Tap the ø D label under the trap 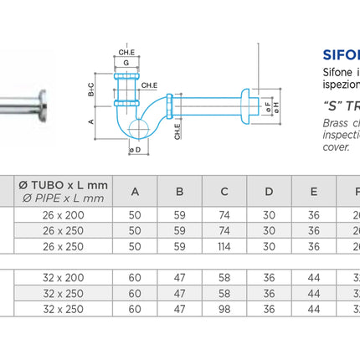135,149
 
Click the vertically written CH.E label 178,130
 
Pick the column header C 224,192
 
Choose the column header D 269,192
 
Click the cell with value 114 224,246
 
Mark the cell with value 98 224,309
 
